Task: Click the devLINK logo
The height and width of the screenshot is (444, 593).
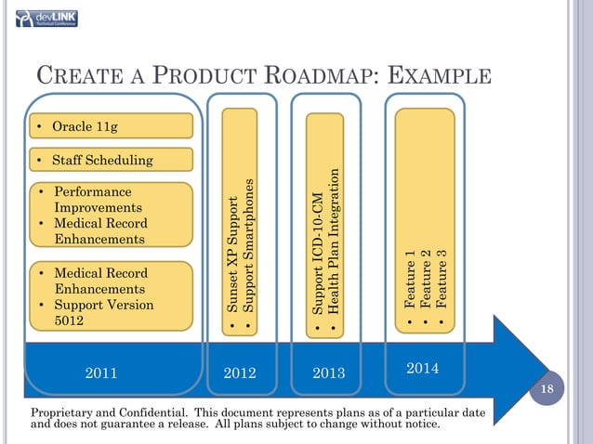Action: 47,18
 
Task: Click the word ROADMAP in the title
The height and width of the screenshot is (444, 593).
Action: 313,76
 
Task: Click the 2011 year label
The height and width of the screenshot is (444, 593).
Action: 100,373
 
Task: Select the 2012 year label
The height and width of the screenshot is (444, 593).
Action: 241,373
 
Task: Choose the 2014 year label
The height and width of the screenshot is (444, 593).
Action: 422,370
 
